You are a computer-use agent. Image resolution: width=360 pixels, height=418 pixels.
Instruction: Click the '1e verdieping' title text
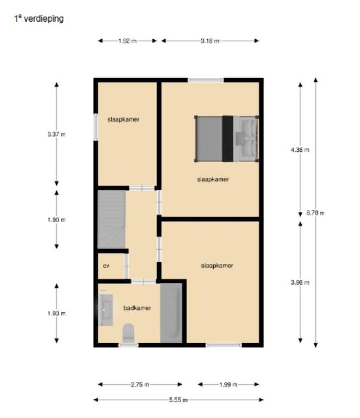click(39, 19)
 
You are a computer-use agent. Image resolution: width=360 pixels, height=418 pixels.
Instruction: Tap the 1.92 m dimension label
click(127, 41)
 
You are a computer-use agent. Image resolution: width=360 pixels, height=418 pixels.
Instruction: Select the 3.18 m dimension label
click(209, 41)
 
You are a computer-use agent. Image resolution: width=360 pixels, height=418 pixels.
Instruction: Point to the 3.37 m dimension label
click(57, 134)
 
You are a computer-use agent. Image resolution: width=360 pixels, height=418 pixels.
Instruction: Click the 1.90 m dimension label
click(57, 220)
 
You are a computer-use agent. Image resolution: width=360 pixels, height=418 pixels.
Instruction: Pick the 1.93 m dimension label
click(57, 313)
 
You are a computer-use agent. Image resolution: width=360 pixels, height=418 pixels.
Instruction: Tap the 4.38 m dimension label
click(300, 150)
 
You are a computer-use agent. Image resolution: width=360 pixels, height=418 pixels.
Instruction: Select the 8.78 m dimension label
click(315, 213)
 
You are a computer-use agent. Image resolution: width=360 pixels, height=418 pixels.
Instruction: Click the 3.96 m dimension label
click(300, 282)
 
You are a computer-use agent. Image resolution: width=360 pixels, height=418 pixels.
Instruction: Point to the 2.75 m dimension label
click(140, 385)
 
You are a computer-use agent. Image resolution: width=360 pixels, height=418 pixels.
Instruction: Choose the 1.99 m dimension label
click(228, 385)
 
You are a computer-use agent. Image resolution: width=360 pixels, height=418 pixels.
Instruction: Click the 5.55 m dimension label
click(178, 399)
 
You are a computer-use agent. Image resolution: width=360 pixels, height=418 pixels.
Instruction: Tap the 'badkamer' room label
click(137, 308)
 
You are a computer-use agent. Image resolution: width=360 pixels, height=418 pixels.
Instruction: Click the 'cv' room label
click(107, 266)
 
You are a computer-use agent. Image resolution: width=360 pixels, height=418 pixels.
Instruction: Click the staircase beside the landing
click(111, 218)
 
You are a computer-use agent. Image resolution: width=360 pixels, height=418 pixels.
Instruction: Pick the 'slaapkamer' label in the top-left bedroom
click(123, 119)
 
